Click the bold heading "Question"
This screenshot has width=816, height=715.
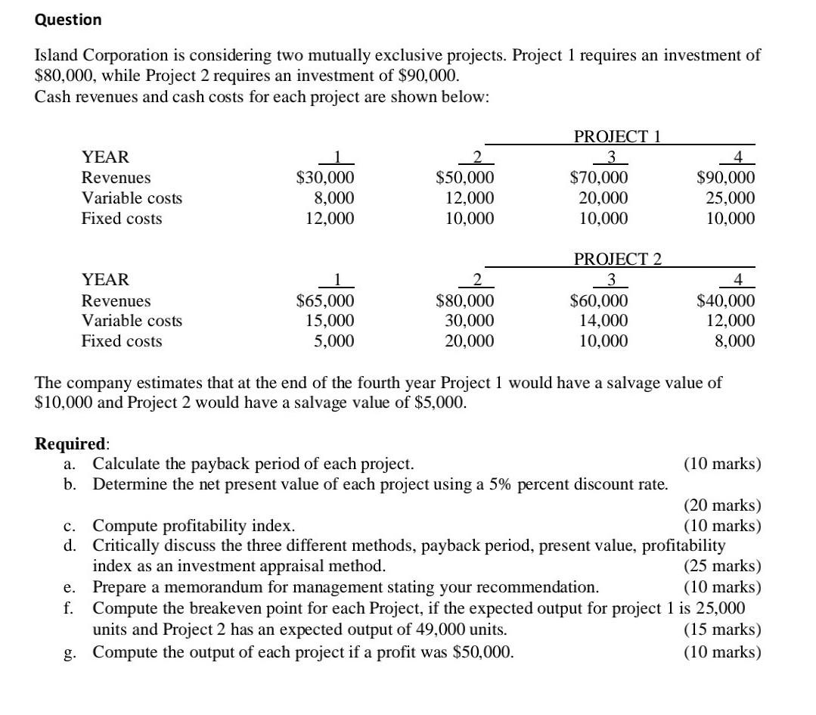(x=68, y=20)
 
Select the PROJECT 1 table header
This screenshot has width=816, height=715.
(x=617, y=137)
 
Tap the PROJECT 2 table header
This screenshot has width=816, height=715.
(x=617, y=260)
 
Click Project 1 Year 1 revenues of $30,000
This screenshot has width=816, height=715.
(x=324, y=178)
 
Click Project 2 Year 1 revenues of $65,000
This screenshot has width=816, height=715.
(x=324, y=300)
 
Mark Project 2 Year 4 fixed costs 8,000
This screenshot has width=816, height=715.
(x=734, y=341)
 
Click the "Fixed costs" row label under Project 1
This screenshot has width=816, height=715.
(x=122, y=219)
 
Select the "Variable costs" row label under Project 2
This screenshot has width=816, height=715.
(x=132, y=321)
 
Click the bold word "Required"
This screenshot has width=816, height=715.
(x=71, y=443)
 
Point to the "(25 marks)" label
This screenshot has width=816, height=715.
(x=722, y=566)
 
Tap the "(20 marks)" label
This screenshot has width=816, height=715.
(x=722, y=505)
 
